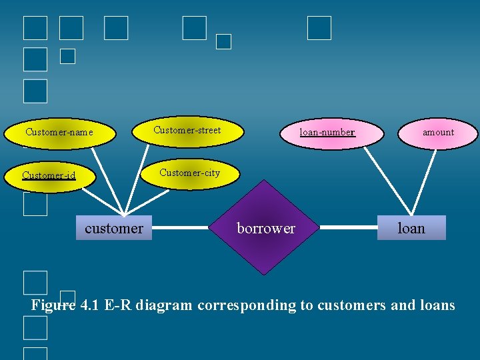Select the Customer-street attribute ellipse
tap(187, 130)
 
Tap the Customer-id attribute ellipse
tap(49, 176)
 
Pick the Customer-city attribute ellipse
tap(189, 173)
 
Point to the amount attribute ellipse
tap(438, 133)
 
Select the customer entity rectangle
tap(114, 228)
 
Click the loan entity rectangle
tap(411, 228)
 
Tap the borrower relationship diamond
tap(266, 228)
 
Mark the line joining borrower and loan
tap(349, 228)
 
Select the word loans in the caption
tap(435, 306)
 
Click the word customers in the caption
tap(351, 306)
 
